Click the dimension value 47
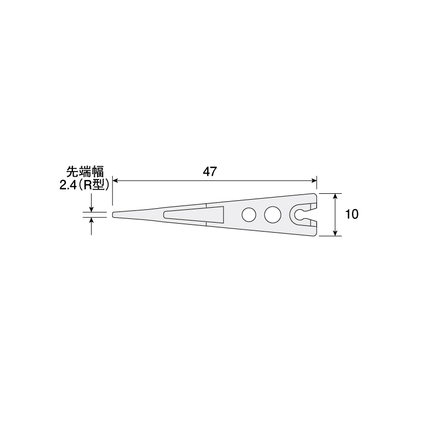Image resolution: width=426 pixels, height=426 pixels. [210, 171]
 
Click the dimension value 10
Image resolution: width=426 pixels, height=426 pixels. [352, 215]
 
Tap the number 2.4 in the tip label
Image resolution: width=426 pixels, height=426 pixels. [67, 185]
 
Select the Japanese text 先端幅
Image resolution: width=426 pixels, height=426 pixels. [85, 172]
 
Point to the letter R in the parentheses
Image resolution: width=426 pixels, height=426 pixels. [87, 185]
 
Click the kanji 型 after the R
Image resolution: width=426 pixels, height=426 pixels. [99, 185]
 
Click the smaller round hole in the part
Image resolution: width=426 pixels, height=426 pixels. [249, 215]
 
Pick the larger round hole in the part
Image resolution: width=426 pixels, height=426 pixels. [273, 215]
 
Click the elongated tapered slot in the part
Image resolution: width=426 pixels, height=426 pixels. [193, 215]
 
